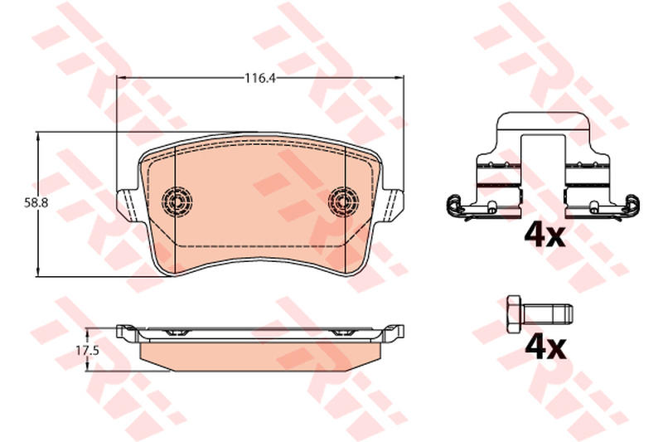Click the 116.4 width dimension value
pos(260,78)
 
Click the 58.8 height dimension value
pos(36,203)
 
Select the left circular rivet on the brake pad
pos(177,202)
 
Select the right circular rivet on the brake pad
pos(343,202)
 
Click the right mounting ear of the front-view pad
pos(393,204)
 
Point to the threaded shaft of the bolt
pos(548,313)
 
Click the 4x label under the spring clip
pos(544,236)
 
